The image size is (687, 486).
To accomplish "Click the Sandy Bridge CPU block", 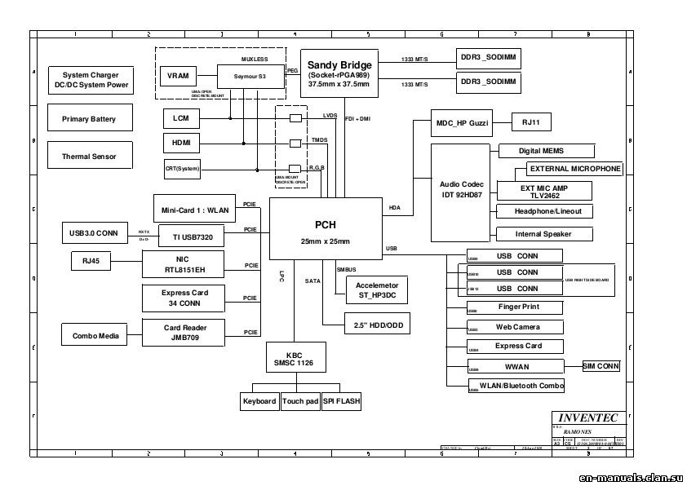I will click(339, 73).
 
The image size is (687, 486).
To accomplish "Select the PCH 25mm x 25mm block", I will click(326, 231).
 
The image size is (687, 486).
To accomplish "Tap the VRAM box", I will click(178, 76).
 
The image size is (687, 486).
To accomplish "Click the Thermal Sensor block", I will click(89, 156).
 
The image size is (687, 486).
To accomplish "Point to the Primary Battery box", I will click(89, 119).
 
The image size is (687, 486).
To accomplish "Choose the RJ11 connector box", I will click(536, 122).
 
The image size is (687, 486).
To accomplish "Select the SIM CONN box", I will click(601, 366).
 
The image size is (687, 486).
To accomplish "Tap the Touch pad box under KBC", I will click(299, 401).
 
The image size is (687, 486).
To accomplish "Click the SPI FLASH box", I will click(341, 401).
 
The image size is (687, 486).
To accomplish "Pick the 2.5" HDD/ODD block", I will click(366, 324).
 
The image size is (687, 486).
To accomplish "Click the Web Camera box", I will click(518, 326).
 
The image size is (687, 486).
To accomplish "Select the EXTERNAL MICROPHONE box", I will click(574, 169).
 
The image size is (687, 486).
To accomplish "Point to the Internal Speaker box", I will click(543, 234).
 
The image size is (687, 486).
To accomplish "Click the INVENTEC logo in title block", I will click(588, 418).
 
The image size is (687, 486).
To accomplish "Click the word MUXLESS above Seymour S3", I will click(255, 60).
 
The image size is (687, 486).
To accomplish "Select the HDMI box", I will click(180, 144).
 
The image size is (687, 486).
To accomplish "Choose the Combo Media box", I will click(95, 335).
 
